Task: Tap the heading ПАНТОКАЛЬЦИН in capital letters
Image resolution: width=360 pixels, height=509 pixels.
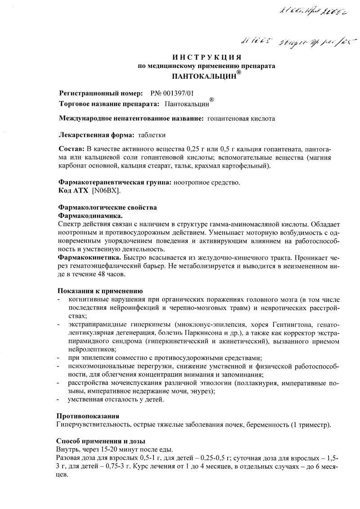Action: tap(197, 76)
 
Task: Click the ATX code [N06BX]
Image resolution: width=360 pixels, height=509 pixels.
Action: tap(106, 190)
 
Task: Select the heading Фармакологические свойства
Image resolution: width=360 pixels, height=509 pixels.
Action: tap(108, 207)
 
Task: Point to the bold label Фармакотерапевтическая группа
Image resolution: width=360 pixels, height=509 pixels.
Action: tap(114, 182)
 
